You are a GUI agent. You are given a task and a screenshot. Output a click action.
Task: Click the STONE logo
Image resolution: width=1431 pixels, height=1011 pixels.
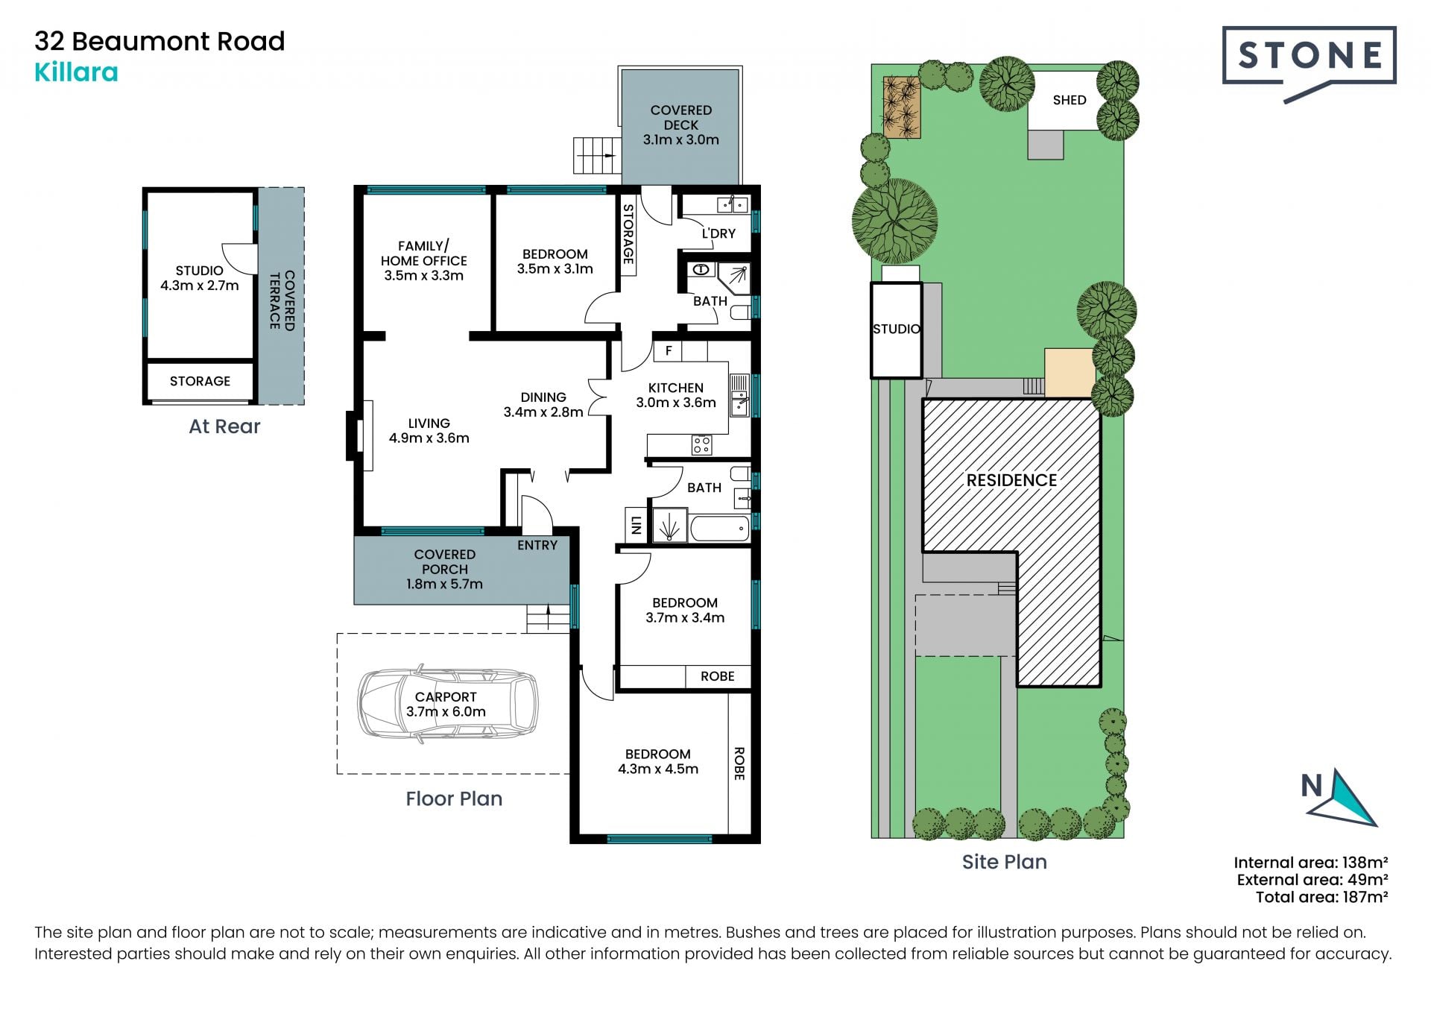click(1309, 63)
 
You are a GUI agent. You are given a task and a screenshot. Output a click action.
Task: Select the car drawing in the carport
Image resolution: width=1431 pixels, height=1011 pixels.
click(448, 703)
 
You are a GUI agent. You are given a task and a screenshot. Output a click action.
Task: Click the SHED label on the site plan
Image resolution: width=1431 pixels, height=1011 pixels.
click(1070, 100)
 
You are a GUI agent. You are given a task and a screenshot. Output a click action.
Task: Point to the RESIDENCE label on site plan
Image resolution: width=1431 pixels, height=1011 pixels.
click(1011, 480)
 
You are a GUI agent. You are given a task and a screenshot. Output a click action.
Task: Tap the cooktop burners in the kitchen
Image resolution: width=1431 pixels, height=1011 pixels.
click(701, 445)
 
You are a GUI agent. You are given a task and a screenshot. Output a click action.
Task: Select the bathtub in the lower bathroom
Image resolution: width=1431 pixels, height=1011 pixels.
click(720, 528)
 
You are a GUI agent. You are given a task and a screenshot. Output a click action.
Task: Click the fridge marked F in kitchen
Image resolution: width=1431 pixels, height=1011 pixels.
click(669, 350)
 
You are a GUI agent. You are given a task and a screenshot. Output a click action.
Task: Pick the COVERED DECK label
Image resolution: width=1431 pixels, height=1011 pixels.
click(681, 125)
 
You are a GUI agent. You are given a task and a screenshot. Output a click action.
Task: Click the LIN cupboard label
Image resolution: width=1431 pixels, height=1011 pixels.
click(636, 525)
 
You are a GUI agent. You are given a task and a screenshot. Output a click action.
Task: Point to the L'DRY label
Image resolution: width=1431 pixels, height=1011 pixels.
click(718, 233)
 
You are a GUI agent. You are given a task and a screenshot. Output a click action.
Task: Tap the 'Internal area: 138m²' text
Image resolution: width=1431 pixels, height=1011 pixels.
click(1311, 863)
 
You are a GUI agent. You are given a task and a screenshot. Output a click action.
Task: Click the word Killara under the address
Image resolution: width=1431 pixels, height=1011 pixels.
click(76, 72)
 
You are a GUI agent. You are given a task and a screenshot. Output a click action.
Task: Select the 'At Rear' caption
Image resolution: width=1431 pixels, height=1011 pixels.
click(224, 426)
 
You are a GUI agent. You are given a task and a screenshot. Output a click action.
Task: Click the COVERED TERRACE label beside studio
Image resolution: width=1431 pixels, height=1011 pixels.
click(282, 300)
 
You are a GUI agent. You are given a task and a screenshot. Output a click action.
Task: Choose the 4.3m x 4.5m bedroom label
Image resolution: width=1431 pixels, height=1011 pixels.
click(658, 761)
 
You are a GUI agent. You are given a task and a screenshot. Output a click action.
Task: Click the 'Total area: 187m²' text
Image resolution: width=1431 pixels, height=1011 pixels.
click(1321, 897)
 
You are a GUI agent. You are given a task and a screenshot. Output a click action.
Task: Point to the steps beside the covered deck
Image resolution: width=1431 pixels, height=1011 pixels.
click(597, 156)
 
